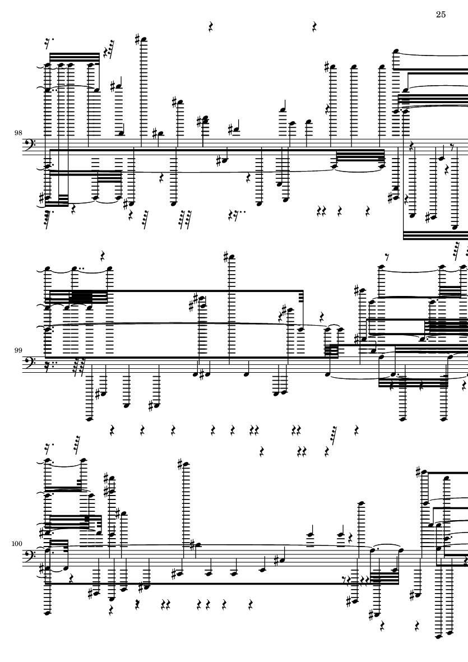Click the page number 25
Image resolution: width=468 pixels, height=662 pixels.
[x=441, y=15]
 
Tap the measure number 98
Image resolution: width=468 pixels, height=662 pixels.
[x=18, y=133]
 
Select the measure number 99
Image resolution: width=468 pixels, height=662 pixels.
[x=18, y=350]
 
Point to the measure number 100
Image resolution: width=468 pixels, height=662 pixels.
[x=17, y=543]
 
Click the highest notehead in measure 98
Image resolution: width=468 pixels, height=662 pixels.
[x=145, y=40]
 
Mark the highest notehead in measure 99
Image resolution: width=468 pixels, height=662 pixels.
[x=230, y=257]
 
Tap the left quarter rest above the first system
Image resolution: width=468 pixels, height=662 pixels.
[x=211, y=27]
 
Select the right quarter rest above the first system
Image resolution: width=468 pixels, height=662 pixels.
[x=314, y=27]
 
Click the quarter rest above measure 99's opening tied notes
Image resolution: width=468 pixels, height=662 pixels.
[x=103, y=256]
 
